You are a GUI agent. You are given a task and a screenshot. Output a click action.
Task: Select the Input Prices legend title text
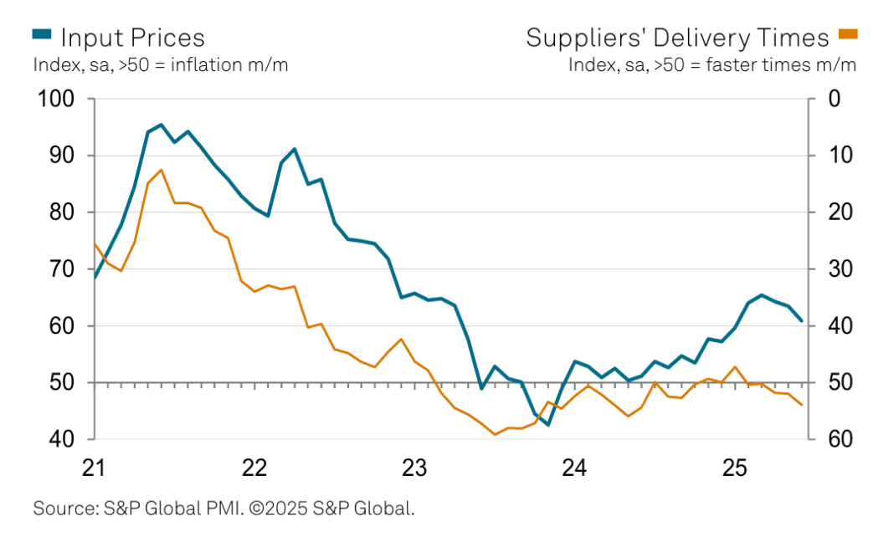[x=132, y=38]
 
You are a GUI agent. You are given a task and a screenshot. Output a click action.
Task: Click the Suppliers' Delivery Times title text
[x=677, y=38]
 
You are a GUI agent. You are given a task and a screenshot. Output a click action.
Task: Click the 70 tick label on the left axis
[x=62, y=269]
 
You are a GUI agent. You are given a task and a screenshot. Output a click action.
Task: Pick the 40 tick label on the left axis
[x=62, y=439]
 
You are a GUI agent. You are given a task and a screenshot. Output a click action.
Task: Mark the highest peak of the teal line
[x=161, y=125]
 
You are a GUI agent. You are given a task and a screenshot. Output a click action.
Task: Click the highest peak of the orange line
[x=161, y=170]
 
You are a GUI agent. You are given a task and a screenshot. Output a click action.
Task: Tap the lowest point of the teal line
[x=548, y=425]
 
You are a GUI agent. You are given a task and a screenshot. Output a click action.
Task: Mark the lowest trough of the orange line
[x=495, y=434]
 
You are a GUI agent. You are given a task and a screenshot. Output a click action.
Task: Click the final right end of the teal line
[x=801, y=320]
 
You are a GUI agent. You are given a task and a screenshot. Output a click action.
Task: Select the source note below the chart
[x=223, y=508]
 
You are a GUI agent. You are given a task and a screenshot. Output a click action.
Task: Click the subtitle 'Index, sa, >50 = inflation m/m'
[x=161, y=64]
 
